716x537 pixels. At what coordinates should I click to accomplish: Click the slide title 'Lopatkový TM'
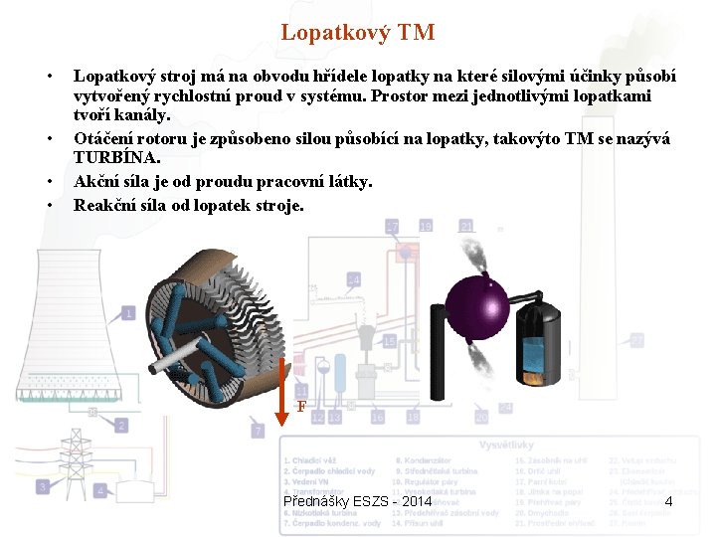point(357,33)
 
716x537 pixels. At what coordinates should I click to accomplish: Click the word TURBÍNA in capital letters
point(116,157)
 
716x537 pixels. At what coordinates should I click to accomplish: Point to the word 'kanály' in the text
point(148,115)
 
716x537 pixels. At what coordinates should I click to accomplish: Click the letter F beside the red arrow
point(301,408)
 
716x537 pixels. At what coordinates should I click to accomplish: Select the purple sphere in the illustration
point(475,300)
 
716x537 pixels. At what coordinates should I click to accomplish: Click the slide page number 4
point(669,500)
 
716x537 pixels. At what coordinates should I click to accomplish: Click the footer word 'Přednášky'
point(315,501)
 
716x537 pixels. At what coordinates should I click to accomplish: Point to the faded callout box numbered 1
point(129,314)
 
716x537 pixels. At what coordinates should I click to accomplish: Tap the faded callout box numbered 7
point(257,431)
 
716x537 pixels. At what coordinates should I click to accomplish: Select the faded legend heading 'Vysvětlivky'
point(507,445)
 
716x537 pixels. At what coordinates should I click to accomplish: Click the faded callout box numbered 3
point(43,486)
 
